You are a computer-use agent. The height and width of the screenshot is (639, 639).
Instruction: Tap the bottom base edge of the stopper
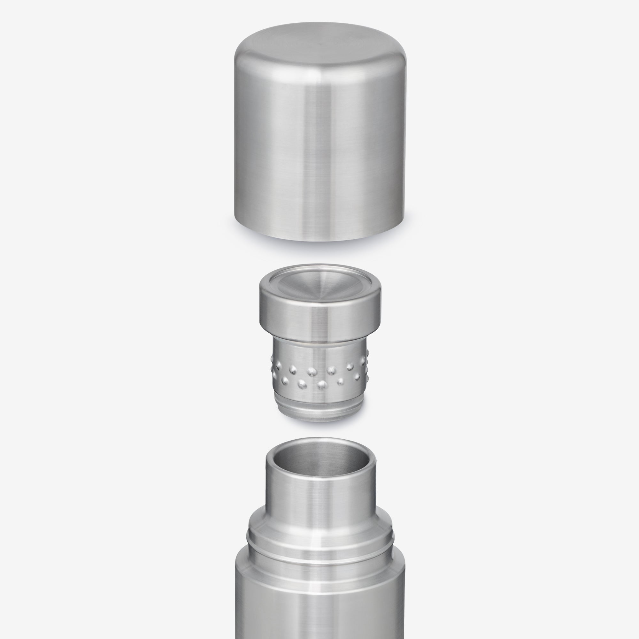click(x=319, y=419)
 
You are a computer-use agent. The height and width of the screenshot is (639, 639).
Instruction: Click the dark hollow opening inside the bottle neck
click(x=319, y=458)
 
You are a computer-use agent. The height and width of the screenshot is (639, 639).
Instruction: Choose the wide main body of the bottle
click(x=319, y=609)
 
